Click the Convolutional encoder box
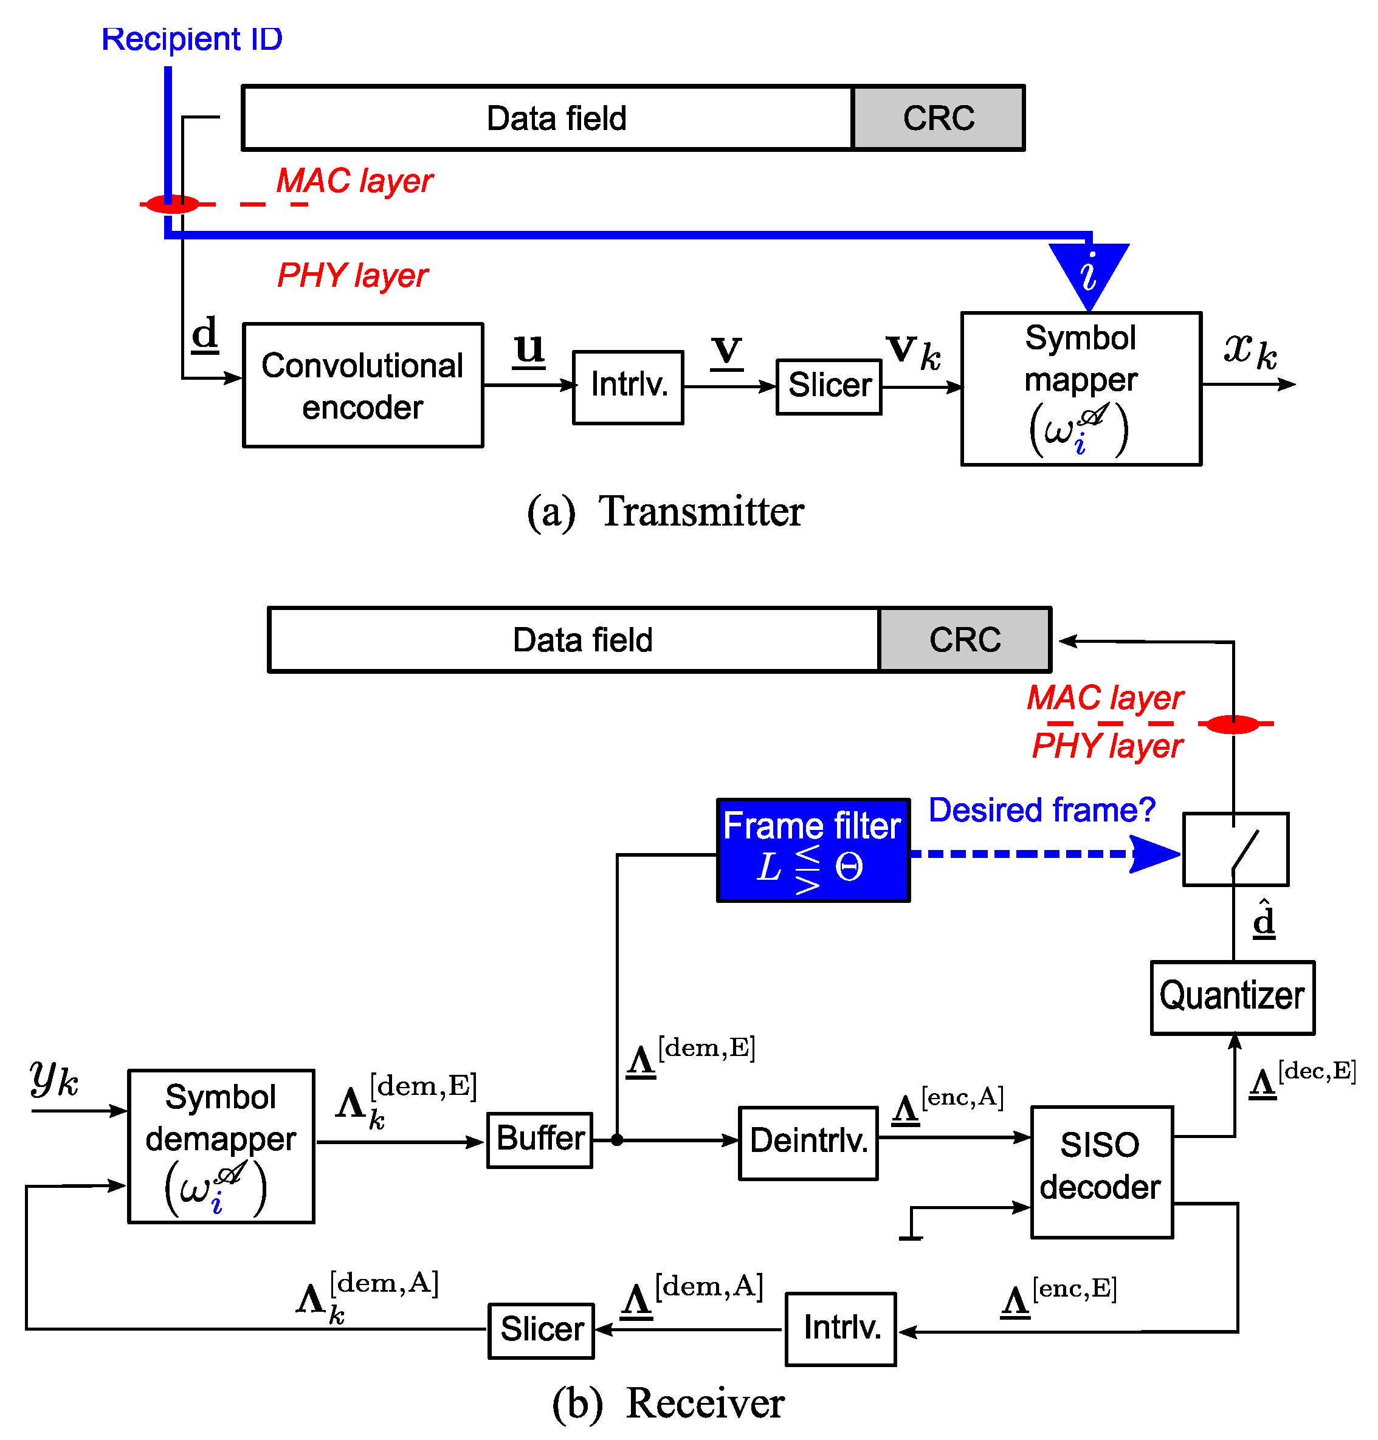click(363, 385)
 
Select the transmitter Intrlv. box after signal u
click(628, 387)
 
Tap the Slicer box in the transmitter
click(829, 387)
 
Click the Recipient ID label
click(191, 39)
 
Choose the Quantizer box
click(1232, 997)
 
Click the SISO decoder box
click(1101, 1172)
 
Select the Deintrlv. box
click(808, 1143)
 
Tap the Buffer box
click(540, 1140)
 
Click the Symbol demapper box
click(221, 1145)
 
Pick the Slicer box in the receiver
click(542, 1331)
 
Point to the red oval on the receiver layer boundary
click(1233, 724)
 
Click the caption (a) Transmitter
click(666, 512)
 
